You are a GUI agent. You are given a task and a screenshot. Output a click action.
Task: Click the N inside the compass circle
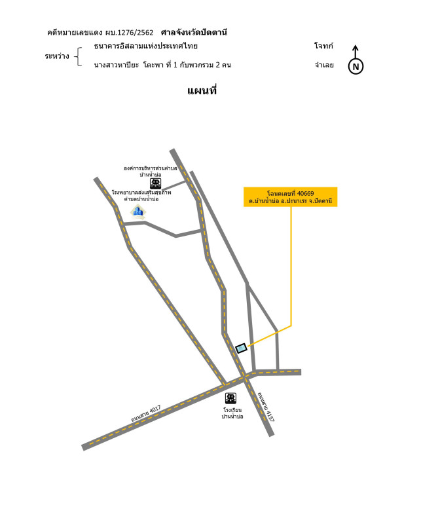(356, 67)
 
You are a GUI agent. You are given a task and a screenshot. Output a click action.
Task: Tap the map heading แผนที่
(202, 90)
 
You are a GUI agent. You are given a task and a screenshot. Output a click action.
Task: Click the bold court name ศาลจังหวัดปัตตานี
(194, 32)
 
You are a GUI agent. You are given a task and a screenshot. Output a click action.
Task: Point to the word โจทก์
(323, 45)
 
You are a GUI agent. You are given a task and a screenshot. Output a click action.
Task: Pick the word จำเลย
(324, 65)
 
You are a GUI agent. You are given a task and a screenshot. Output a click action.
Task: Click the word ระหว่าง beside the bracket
(57, 56)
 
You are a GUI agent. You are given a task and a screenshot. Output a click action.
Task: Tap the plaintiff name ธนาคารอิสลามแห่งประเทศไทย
(145, 46)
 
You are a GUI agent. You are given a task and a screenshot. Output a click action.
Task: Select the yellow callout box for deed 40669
(290, 197)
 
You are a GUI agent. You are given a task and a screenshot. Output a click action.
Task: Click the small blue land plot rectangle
(241, 348)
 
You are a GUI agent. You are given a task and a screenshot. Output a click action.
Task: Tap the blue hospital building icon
(138, 211)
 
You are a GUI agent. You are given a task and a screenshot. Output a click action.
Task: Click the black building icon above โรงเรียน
(230, 398)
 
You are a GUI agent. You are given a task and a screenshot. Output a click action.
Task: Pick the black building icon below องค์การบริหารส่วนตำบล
(155, 183)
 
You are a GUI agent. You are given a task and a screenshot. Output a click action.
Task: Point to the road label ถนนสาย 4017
(145, 414)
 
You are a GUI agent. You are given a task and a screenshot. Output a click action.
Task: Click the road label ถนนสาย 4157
(266, 407)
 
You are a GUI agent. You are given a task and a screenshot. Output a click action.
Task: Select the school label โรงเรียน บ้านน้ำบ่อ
(232, 413)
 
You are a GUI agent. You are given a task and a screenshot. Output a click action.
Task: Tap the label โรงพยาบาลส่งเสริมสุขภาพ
(141, 193)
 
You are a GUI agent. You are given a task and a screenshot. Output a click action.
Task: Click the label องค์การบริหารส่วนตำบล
(151, 168)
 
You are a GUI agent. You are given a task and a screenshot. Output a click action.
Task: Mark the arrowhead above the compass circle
(356, 48)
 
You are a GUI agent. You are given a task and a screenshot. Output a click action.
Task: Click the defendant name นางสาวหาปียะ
(117, 65)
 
